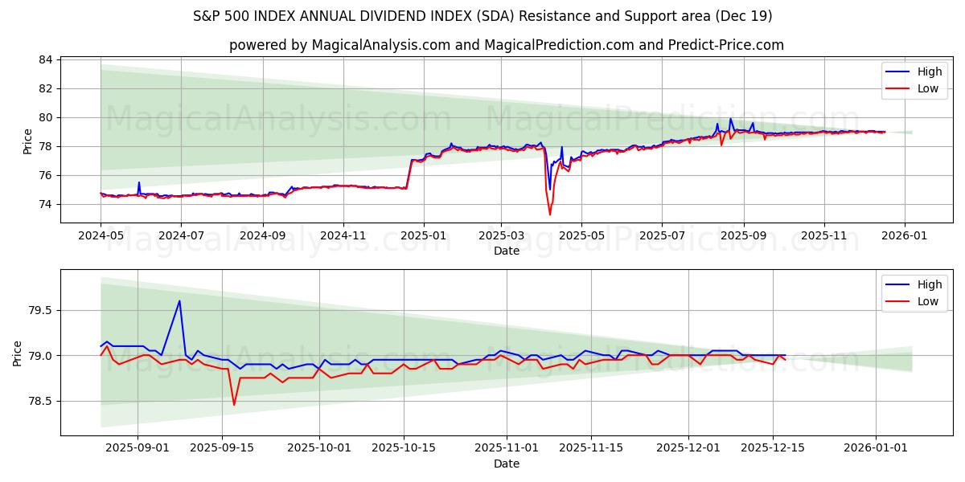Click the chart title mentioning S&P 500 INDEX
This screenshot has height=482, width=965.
tap(482, 16)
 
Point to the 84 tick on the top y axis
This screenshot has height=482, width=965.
tap(46, 59)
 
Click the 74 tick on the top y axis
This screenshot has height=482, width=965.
tap(46, 204)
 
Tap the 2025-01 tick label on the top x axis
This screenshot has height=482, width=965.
tap(423, 236)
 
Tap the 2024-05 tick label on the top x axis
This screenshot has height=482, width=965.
tap(101, 236)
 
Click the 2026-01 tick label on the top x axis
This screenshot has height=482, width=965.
tap(905, 236)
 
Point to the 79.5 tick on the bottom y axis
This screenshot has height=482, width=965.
tap(40, 310)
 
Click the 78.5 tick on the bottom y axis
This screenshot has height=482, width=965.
tap(40, 401)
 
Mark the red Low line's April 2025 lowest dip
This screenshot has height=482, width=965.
tap(550, 214)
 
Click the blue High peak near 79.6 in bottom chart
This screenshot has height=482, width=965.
tap(179, 301)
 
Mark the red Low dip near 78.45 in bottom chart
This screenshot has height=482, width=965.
tap(234, 404)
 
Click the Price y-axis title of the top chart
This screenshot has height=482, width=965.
tap(28, 141)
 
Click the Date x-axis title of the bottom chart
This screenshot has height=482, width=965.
tap(507, 464)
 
